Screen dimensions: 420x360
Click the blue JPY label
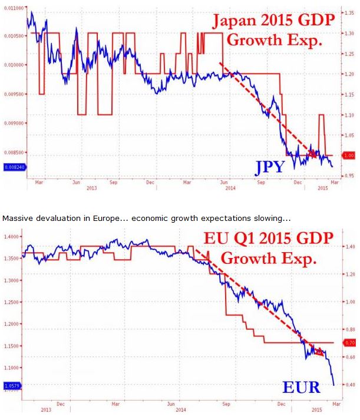tap(269, 168)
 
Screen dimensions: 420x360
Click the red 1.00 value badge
tap(349, 156)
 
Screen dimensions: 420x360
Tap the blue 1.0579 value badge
tap(11, 386)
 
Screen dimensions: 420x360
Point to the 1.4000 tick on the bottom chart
tap(12, 237)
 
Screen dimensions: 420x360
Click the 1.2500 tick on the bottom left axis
tap(12, 302)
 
